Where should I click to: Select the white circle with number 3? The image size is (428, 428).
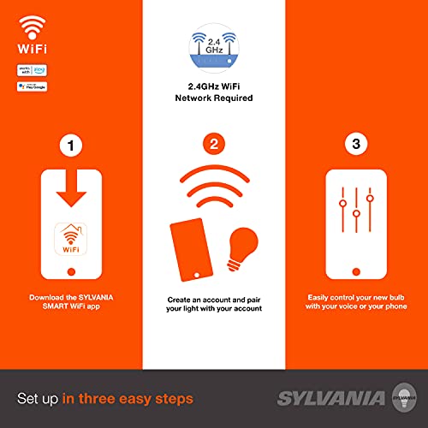[x=355, y=146]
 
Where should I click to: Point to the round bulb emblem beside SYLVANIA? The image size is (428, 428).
[x=398, y=397]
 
